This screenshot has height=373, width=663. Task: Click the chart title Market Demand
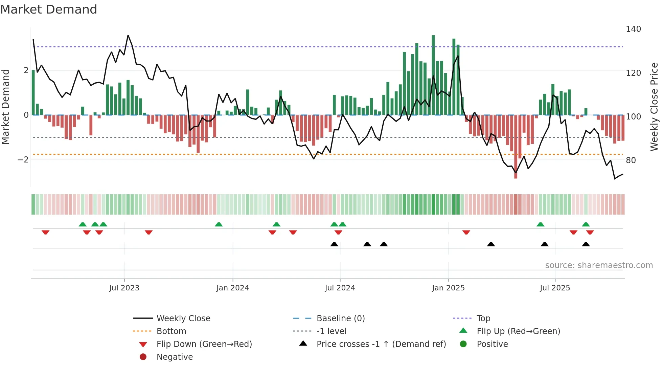[x=49, y=9]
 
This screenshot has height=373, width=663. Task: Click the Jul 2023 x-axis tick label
[x=124, y=288]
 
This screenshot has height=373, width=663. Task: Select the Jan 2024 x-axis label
[x=233, y=288]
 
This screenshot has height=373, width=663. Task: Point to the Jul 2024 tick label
[x=340, y=288]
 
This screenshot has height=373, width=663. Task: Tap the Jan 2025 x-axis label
[x=448, y=288]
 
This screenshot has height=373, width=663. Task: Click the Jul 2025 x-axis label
[x=555, y=288]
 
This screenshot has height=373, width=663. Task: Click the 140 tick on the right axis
[x=633, y=29]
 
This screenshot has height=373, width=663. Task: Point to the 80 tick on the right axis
[x=631, y=160]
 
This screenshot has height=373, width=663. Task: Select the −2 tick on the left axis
[x=23, y=160]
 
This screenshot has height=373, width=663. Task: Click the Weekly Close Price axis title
[x=654, y=107]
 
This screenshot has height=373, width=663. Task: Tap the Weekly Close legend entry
[x=183, y=319]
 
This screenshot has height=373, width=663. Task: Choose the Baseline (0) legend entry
[x=340, y=319]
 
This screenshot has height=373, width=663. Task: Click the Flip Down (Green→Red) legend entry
[x=204, y=344]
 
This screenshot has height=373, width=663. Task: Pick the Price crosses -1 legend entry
[x=381, y=344]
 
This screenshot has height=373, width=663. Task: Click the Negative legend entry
[x=175, y=357]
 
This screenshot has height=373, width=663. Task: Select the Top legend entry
[x=483, y=319]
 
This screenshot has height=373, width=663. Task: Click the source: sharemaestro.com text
[x=599, y=265]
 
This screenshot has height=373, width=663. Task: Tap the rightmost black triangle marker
[x=586, y=244]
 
